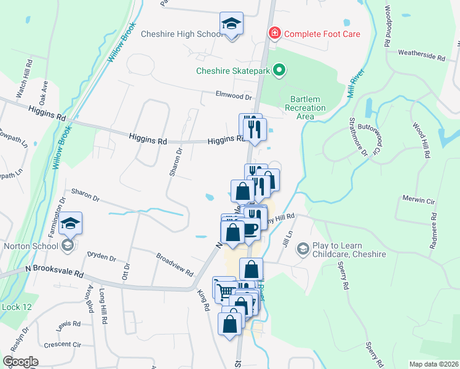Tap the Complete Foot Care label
(322, 33)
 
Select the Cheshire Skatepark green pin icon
(279, 71)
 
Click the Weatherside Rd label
(421, 56)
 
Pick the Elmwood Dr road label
(234, 97)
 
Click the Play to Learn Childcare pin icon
(302, 248)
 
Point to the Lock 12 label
(12, 307)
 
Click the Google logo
(20, 361)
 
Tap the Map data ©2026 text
(433, 364)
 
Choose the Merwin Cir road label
(418, 201)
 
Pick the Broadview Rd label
(174, 264)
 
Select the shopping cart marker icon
(224, 292)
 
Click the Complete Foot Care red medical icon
(274, 33)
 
